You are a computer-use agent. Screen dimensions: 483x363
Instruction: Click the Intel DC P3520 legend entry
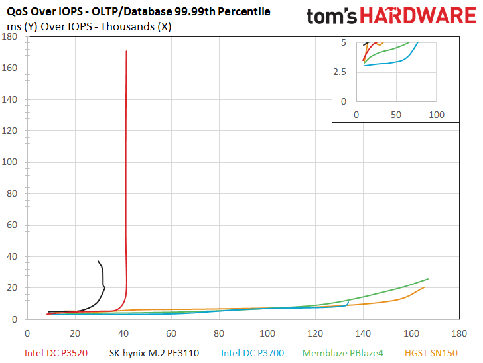pyautogui.click(x=56, y=353)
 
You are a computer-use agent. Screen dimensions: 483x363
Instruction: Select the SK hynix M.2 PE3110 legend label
pyautogui.click(x=154, y=353)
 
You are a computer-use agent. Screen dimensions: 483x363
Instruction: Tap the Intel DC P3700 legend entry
pyautogui.click(x=253, y=353)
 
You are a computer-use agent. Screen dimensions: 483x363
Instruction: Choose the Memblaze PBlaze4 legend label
pyautogui.click(x=342, y=353)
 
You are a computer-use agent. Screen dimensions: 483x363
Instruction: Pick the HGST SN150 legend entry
pyautogui.click(x=431, y=353)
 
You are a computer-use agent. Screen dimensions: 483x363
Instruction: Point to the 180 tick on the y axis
pyautogui.click(x=9, y=36)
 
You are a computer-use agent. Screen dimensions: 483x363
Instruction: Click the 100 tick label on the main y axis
pyautogui.click(x=9, y=162)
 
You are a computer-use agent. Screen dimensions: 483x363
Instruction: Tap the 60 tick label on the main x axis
pyautogui.click(x=171, y=333)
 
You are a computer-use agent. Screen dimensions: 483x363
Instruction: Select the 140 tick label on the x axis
pyautogui.click(x=363, y=333)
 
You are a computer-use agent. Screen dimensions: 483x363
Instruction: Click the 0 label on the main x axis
pyautogui.click(x=27, y=333)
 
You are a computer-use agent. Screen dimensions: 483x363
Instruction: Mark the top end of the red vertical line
pyautogui.click(x=126, y=51)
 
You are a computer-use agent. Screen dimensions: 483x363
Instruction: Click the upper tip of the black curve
pyautogui.click(x=98, y=261)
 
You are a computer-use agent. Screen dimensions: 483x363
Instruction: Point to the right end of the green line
pyautogui.click(x=428, y=279)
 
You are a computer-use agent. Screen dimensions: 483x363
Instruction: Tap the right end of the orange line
pyautogui.click(x=424, y=287)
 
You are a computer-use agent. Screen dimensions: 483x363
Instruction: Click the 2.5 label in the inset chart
pyautogui.click(x=340, y=72)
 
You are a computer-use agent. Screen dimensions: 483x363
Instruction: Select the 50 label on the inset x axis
pyautogui.click(x=396, y=115)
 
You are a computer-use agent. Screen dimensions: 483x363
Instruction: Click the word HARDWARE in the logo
pyautogui.click(x=418, y=15)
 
